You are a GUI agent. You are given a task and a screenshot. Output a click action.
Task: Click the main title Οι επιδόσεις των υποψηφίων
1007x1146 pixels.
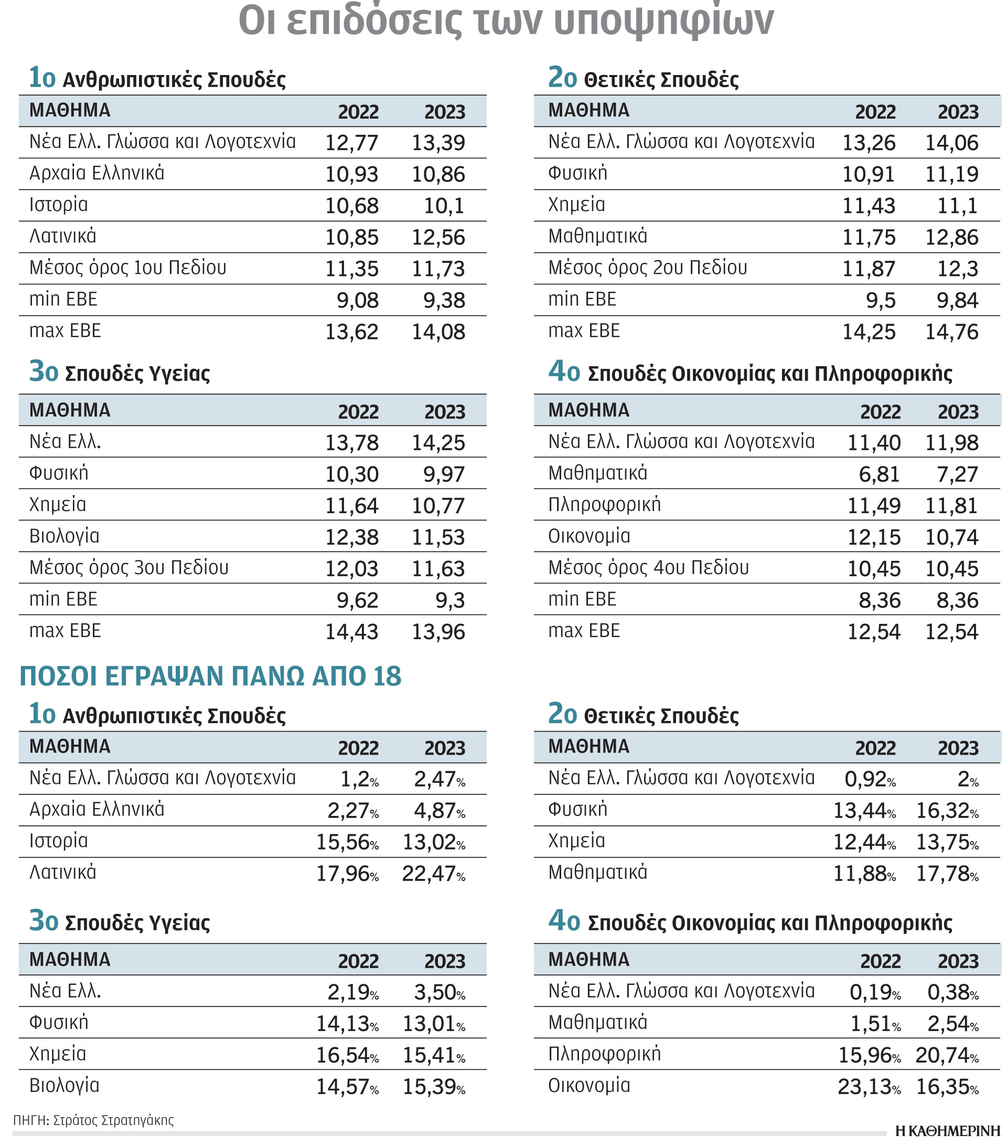click(506, 22)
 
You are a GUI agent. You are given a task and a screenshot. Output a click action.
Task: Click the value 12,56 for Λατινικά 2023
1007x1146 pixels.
click(438, 238)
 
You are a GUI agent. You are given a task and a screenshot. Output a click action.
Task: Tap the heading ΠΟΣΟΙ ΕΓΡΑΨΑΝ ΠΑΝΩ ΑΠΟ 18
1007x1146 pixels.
click(211, 676)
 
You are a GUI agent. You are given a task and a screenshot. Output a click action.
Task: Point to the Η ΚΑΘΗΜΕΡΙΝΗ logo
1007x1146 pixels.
click(947, 1131)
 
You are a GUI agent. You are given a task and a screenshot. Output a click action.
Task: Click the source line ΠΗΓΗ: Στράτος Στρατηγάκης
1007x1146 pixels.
click(93, 1120)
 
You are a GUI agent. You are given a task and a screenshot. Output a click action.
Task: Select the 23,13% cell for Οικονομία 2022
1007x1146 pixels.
click(869, 1087)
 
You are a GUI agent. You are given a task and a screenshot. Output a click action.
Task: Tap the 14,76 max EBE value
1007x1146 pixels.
click(951, 332)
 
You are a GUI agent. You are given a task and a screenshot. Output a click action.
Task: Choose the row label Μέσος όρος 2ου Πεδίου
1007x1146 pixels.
click(647, 268)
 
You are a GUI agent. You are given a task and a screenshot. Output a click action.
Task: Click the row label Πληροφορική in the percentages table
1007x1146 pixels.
click(604, 1055)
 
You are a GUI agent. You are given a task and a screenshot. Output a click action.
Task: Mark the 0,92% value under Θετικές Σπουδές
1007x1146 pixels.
click(869, 779)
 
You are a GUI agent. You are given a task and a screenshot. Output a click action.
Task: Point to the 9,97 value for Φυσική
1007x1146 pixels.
click(444, 474)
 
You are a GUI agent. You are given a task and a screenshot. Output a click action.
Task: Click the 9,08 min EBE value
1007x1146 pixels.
click(358, 301)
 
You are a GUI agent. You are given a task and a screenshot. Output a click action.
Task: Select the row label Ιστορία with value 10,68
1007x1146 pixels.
click(59, 205)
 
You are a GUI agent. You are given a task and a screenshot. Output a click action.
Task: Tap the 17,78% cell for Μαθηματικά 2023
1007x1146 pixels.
click(947, 874)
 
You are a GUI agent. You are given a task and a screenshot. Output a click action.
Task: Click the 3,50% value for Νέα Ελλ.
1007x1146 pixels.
click(439, 993)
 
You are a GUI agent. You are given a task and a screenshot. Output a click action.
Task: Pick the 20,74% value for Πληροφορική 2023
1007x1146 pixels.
click(947, 1056)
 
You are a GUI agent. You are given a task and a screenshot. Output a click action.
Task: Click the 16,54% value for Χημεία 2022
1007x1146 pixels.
click(347, 1056)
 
